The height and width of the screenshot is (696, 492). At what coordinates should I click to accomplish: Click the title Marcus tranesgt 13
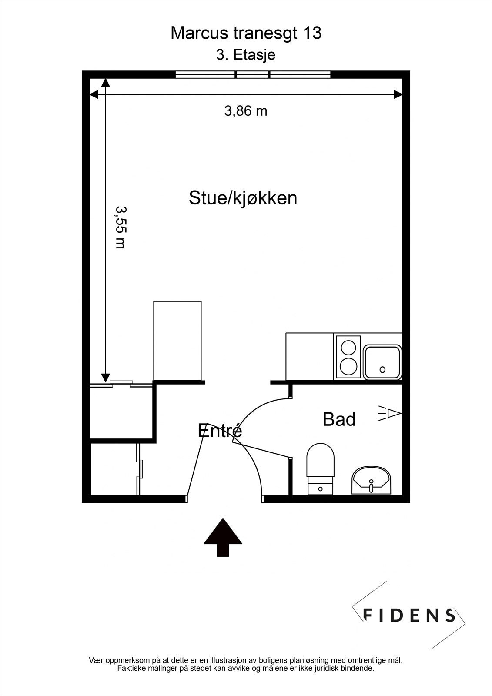tap(246, 33)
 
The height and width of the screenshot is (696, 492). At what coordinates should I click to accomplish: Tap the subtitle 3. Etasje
tap(246, 55)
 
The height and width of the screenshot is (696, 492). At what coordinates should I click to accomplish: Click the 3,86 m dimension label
tap(246, 111)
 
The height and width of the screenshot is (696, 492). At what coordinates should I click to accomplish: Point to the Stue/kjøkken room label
tap(243, 198)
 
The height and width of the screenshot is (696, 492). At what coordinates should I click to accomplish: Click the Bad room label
tap(339, 419)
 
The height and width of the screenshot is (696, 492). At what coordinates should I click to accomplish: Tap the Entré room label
tap(220, 431)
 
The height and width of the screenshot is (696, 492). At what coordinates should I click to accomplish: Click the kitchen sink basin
tap(382, 362)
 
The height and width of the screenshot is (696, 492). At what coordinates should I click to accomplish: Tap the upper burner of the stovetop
tap(348, 348)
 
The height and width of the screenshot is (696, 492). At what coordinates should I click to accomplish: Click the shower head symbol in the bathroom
tap(390, 413)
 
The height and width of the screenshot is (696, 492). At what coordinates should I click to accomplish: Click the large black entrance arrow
tap(223, 536)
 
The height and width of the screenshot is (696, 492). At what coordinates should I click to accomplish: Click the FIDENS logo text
tap(409, 615)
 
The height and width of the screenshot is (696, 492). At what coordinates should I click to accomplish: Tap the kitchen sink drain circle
tap(382, 370)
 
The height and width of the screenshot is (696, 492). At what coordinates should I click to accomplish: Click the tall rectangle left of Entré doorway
tap(177, 341)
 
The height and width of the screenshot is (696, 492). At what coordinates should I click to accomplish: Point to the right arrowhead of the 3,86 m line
tap(398, 94)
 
